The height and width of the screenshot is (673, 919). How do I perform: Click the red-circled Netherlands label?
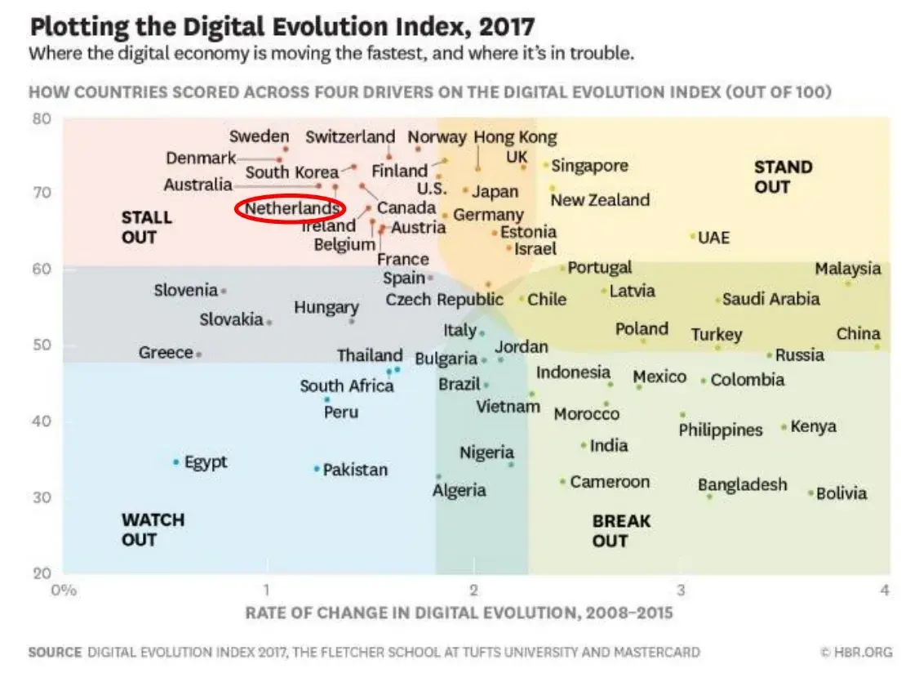pos(291,209)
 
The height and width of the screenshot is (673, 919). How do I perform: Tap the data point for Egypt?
pos(175,462)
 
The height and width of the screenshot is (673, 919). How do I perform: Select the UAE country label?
pos(713,238)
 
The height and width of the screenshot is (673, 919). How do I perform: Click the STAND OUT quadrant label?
pos(783,176)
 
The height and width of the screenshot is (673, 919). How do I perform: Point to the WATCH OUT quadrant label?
pos(153,529)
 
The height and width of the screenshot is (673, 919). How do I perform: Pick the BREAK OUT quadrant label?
pos(621,530)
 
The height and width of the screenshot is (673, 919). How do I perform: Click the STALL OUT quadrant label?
pos(146,227)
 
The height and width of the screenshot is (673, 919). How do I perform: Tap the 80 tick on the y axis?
pos(42,119)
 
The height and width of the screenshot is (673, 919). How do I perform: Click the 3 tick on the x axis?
pos(680,590)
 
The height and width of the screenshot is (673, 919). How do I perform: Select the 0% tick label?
pos(63,590)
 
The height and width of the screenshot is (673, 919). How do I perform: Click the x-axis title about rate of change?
pos(459,612)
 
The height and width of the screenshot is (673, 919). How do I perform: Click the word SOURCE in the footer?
pos(55,652)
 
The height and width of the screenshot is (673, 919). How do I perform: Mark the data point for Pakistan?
pos(317,469)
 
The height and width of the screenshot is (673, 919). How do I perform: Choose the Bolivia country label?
pos(841,493)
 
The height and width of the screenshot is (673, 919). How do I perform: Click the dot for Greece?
pos(198,354)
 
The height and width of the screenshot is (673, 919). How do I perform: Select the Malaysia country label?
pos(847,269)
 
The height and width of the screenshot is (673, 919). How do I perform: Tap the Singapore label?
pos(589,166)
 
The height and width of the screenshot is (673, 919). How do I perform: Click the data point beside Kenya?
pos(784,427)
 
